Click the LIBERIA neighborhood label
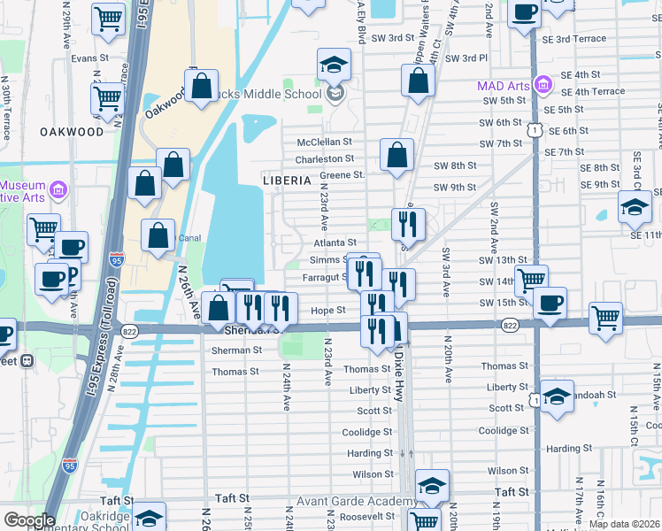287,180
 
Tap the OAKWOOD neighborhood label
72,132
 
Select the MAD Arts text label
504,86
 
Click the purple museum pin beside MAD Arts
543,87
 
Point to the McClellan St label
324,142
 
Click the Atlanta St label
335,242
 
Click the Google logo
28,520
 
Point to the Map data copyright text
624,524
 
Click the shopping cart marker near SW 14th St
530,281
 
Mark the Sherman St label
237,350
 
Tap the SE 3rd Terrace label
575,39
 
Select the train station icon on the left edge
27,360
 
